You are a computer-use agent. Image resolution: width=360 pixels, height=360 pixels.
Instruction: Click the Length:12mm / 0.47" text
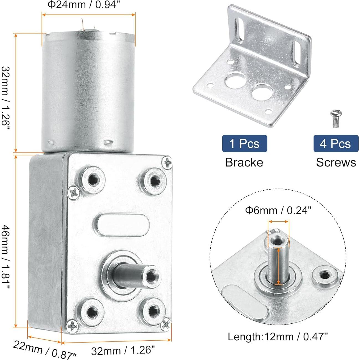(x=278, y=337)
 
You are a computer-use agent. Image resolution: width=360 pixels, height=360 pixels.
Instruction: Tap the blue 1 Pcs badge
(x=244, y=144)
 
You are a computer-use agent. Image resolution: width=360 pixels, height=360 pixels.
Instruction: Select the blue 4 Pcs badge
(x=336, y=144)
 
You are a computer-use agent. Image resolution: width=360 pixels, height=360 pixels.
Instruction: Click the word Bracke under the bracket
(x=244, y=162)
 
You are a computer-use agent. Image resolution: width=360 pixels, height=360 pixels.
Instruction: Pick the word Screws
(x=336, y=162)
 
